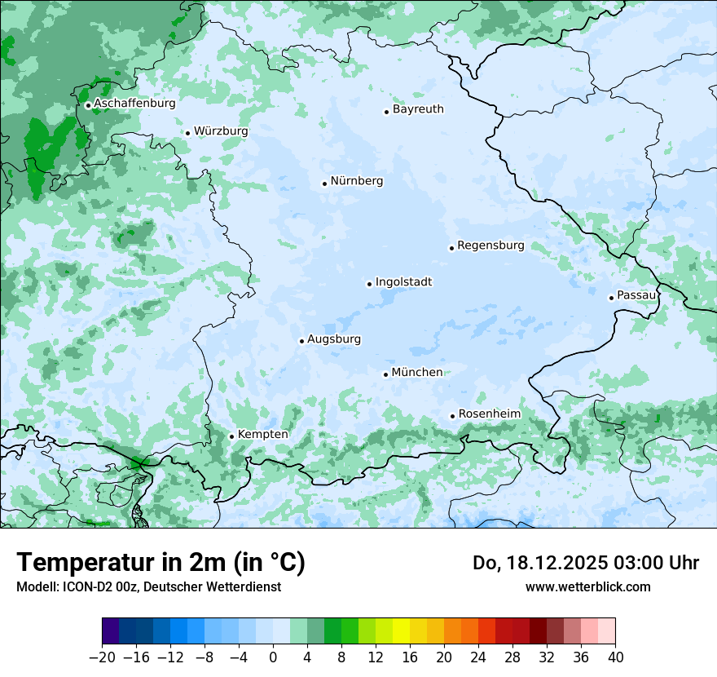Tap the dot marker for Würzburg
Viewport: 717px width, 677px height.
tap(187, 133)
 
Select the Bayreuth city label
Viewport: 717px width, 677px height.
tap(418, 109)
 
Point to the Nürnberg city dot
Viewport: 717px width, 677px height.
tap(324, 184)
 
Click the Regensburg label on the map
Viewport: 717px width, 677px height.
tap(490, 246)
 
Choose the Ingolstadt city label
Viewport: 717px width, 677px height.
tap(403, 282)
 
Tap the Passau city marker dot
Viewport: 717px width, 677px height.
tap(611, 298)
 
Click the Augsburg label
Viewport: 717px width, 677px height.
tap(334, 339)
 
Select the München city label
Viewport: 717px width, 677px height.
tap(417, 373)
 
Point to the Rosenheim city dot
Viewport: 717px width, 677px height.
tap(452, 417)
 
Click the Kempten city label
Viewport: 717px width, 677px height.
tap(262, 435)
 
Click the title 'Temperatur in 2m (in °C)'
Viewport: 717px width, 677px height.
tap(161, 562)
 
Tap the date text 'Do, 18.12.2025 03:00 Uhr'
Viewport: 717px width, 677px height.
tap(585, 563)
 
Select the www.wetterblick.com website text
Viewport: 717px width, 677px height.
tap(587, 586)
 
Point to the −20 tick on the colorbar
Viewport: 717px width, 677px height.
tap(102, 657)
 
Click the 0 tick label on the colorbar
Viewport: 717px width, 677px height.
tap(273, 657)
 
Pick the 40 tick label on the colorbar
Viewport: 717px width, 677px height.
tap(615, 657)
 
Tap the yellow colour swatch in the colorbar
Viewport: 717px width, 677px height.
tap(401, 631)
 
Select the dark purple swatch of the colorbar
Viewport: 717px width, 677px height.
tap(111, 631)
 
